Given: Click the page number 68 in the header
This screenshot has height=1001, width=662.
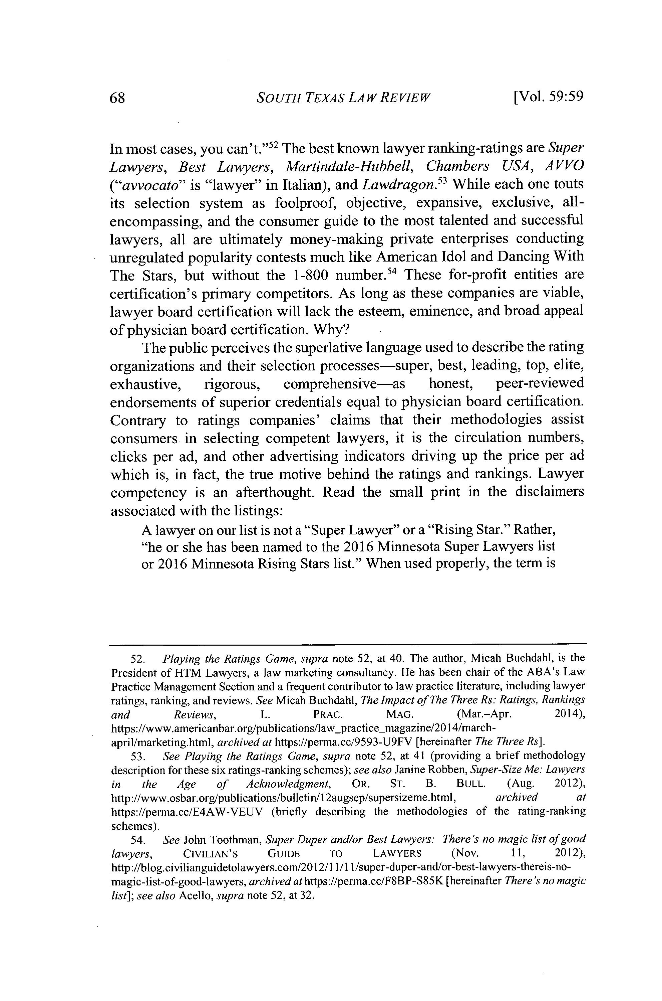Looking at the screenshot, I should pyautogui.click(x=117, y=98).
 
